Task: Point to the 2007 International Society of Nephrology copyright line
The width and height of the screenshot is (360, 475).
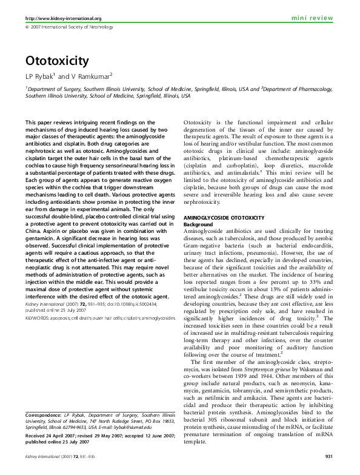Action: pos(67,28)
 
